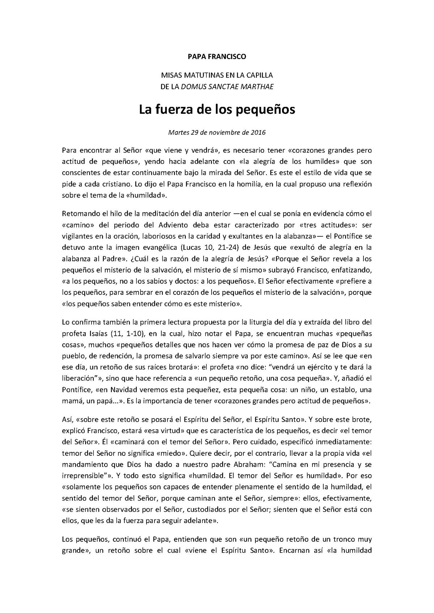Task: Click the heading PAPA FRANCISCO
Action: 217,56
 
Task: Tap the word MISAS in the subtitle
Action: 173,76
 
